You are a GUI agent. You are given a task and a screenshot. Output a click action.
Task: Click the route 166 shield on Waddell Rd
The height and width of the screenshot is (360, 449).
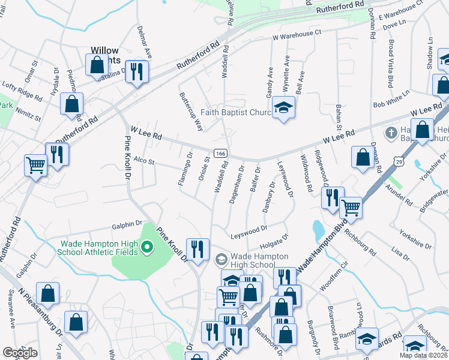click(220, 154)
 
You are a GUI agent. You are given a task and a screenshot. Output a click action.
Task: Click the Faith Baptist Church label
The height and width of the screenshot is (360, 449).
click(236, 113)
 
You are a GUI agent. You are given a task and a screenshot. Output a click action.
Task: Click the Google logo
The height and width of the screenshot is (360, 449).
click(20, 352)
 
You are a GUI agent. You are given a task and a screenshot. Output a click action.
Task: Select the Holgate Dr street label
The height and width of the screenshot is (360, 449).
click(274, 241)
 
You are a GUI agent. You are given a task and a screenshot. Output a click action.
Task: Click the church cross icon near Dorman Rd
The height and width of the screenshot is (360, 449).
click(390, 132)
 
